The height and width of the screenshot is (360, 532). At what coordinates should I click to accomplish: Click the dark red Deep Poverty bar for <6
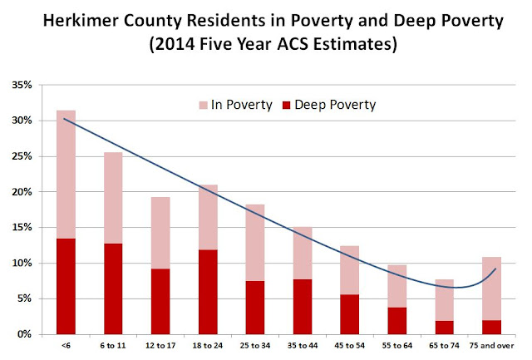[66, 286]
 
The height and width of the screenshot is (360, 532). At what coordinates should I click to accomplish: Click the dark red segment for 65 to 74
[445, 327]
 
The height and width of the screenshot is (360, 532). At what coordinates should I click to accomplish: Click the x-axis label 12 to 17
[160, 343]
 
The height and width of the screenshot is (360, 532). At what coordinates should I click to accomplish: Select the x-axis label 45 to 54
[350, 343]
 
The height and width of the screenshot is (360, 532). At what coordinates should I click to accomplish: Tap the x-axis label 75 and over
[492, 343]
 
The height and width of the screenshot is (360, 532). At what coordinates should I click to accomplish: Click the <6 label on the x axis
[66, 343]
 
